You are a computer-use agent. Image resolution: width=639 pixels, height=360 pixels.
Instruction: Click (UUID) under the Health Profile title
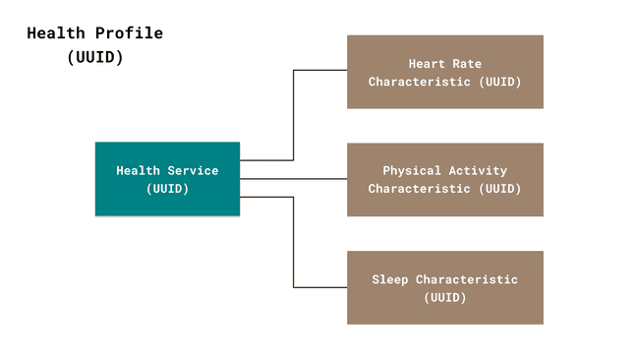coord(95,57)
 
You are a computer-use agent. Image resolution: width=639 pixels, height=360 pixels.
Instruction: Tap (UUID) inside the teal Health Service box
coord(167,187)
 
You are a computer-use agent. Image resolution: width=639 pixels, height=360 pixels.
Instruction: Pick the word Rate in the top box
coord(466,64)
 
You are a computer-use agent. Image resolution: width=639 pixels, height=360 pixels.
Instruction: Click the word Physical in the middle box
coord(412,170)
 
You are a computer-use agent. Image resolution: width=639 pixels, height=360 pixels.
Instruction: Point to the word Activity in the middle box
coord(480,170)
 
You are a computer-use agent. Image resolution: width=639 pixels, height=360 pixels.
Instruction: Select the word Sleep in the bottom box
coord(389,279)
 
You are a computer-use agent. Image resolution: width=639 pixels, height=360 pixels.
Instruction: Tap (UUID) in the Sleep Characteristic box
coord(444,296)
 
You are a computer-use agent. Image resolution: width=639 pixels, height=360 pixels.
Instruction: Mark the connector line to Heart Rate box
coord(294,113)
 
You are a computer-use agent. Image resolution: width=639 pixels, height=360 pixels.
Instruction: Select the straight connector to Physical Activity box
coord(293,179)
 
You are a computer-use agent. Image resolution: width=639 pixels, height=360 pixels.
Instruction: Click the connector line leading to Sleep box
coord(294,246)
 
